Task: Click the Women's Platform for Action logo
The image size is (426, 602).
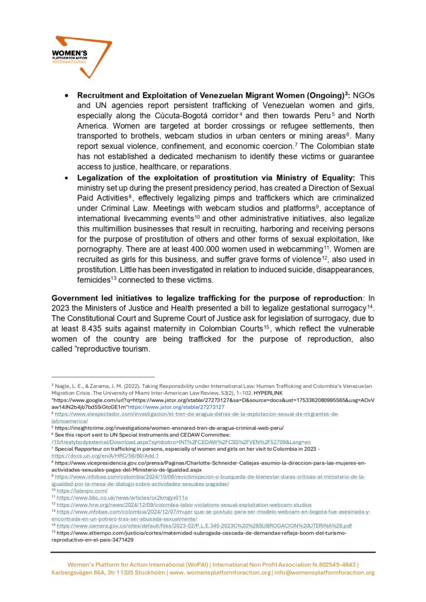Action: (82, 56)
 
